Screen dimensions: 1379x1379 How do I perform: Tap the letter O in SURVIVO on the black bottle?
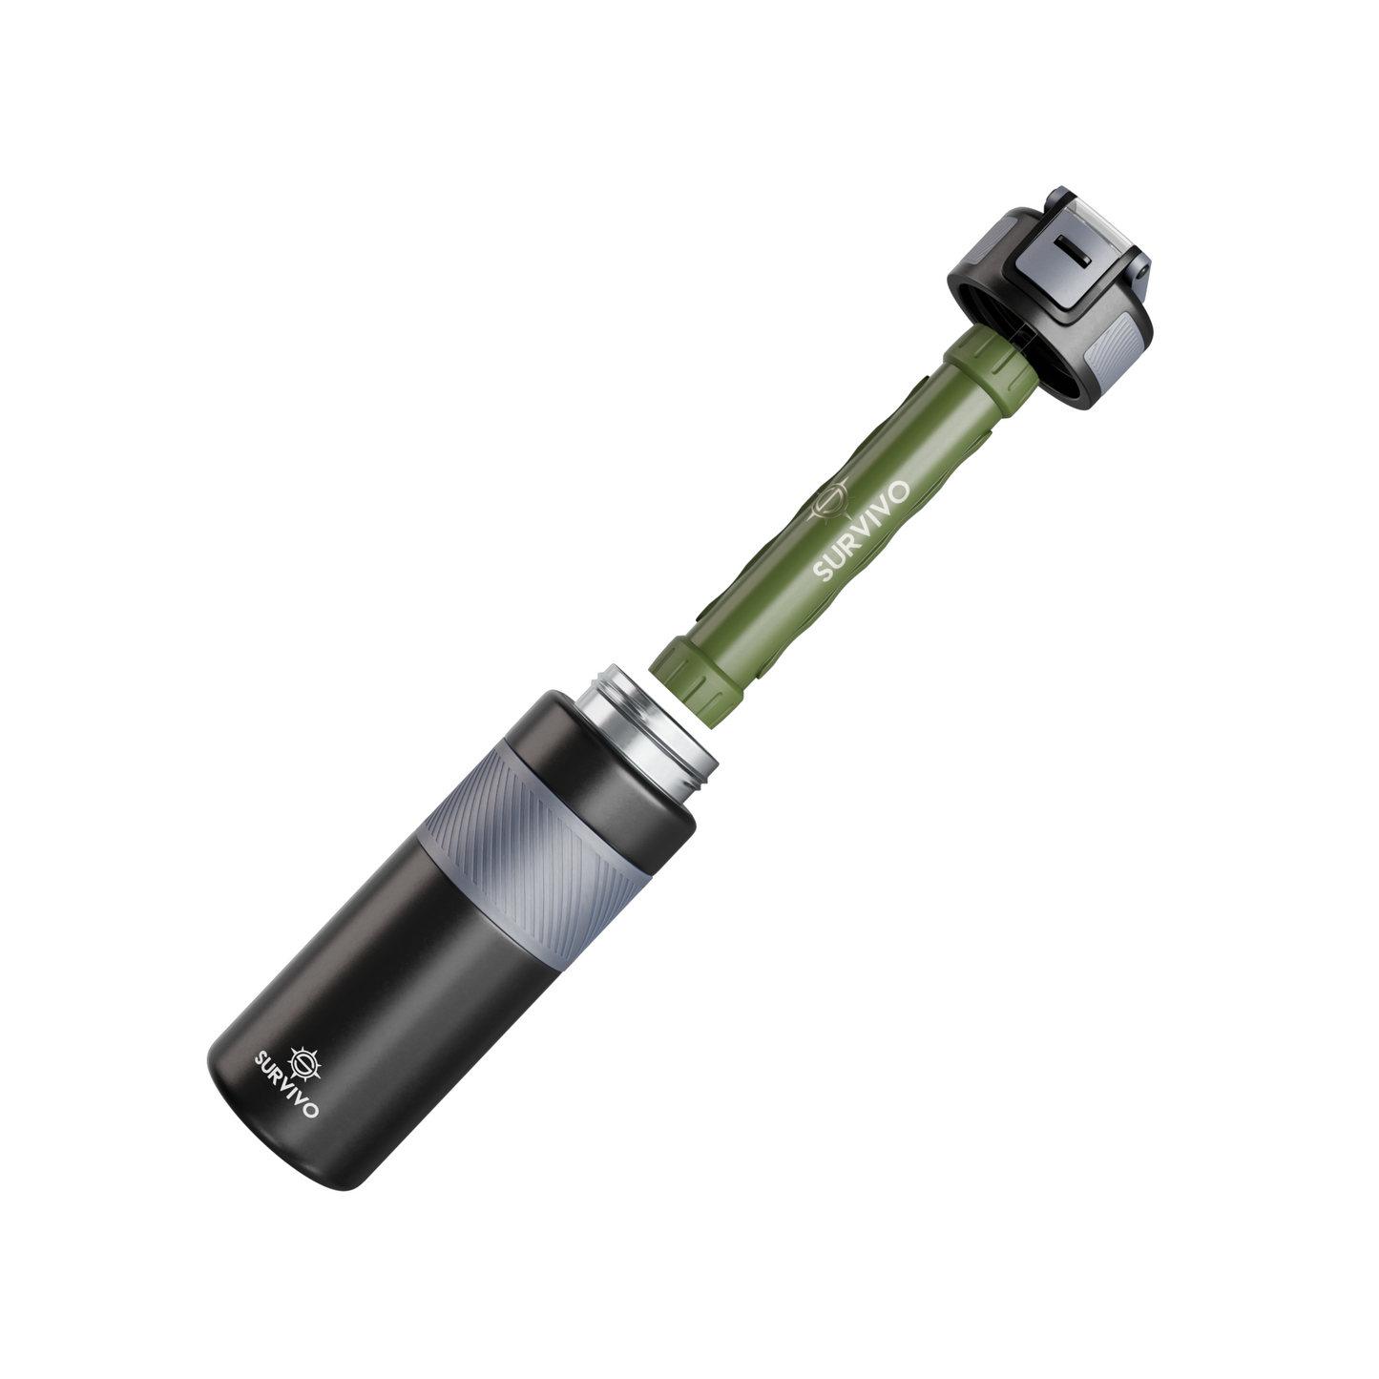314,1111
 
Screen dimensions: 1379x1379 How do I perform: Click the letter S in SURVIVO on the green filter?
821,571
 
